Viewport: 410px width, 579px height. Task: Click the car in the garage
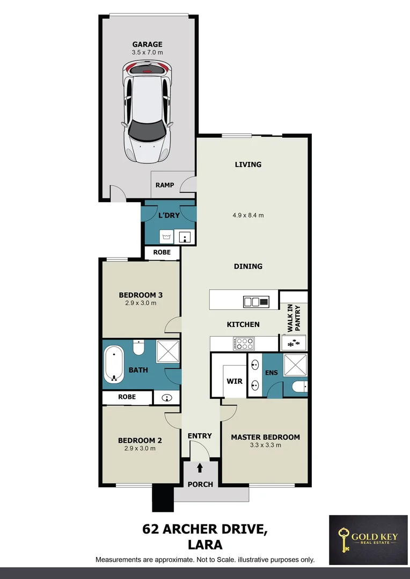tap(147, 112)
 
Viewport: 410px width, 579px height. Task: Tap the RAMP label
tap(165, 185)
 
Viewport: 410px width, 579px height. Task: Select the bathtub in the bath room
tap(114, 365)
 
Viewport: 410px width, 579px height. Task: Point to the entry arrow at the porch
tap(200, 468)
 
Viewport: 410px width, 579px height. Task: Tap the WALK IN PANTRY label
tap(293, 316)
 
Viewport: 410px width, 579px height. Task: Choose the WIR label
tap(235, 382)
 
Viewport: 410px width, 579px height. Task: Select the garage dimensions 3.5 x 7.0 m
tap(147, 53)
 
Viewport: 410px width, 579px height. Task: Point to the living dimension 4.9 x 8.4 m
tap(247, 216)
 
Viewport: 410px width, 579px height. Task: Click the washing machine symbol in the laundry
tap(166, 236)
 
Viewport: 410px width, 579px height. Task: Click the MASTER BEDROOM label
tap(265, 437)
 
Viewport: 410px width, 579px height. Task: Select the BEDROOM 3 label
tap(141, 295)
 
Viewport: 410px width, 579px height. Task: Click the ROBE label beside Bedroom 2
tap(126, 397)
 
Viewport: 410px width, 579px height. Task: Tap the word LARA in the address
tap(204, 545)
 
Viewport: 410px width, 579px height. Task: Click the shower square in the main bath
tap(167, 353)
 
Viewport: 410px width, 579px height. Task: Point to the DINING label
tap(248, 266)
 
